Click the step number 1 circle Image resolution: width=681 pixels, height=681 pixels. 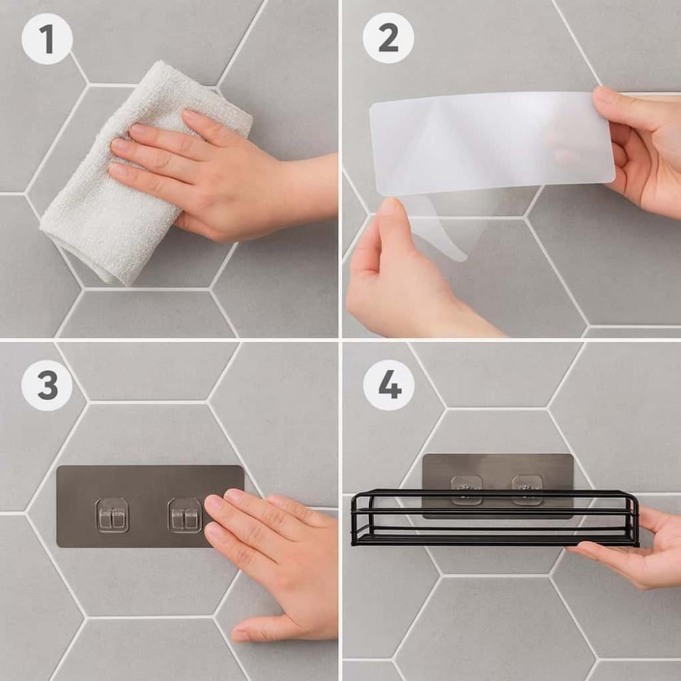pyautogui.click(x=47, y=39)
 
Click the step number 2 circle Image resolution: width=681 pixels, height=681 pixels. pyautogui.click(x=388, y=38)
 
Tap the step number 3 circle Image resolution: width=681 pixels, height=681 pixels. pyautogui.click(x=47, y=385)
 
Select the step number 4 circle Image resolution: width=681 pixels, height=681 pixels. pyautogui.click(x=389, y=385)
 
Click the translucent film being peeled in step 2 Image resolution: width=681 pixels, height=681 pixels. pyautogui.click(x=491, y=148)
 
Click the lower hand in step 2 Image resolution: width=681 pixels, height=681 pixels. pyautogui.click(x=408, y=278)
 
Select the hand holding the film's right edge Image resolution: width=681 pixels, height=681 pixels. pyautogui.click(x=643, y=148)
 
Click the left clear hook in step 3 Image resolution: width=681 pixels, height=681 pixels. pyautogui.click(x=112, y=515)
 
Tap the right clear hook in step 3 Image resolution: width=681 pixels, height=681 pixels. pyautogui.click(x=185, y=515)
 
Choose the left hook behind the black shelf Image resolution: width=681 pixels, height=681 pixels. pyautogui.click(x=466, y=490)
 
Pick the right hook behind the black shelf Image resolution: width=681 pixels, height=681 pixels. pyautogui.click(x=527, y=490)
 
